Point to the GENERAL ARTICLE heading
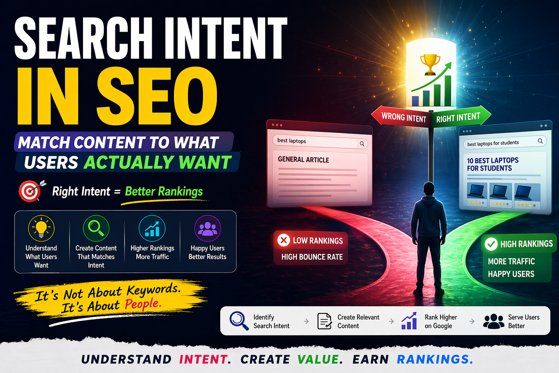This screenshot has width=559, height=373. tap(304, 160)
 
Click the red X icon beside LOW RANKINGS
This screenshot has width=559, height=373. tap(284, 240)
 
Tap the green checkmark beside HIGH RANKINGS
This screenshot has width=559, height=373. tap(491, 244)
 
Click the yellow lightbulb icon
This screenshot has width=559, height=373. tap(41, 228)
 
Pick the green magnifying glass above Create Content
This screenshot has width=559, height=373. tap(96, 228)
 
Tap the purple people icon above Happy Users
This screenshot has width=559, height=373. tap(207, 228)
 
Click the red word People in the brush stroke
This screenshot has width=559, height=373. tap(143, 303)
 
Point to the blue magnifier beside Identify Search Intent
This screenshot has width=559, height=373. tap(239, 321)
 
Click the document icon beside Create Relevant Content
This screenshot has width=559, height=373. tap(324, 321)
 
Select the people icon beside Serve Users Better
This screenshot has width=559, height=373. tap(493, 321)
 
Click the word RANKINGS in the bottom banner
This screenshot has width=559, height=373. tap(435, 359)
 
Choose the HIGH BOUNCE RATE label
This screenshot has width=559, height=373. tap(312, 257)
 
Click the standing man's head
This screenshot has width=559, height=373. tap(429, 189)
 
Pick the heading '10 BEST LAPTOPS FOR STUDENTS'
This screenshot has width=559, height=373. tap(493, 164)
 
